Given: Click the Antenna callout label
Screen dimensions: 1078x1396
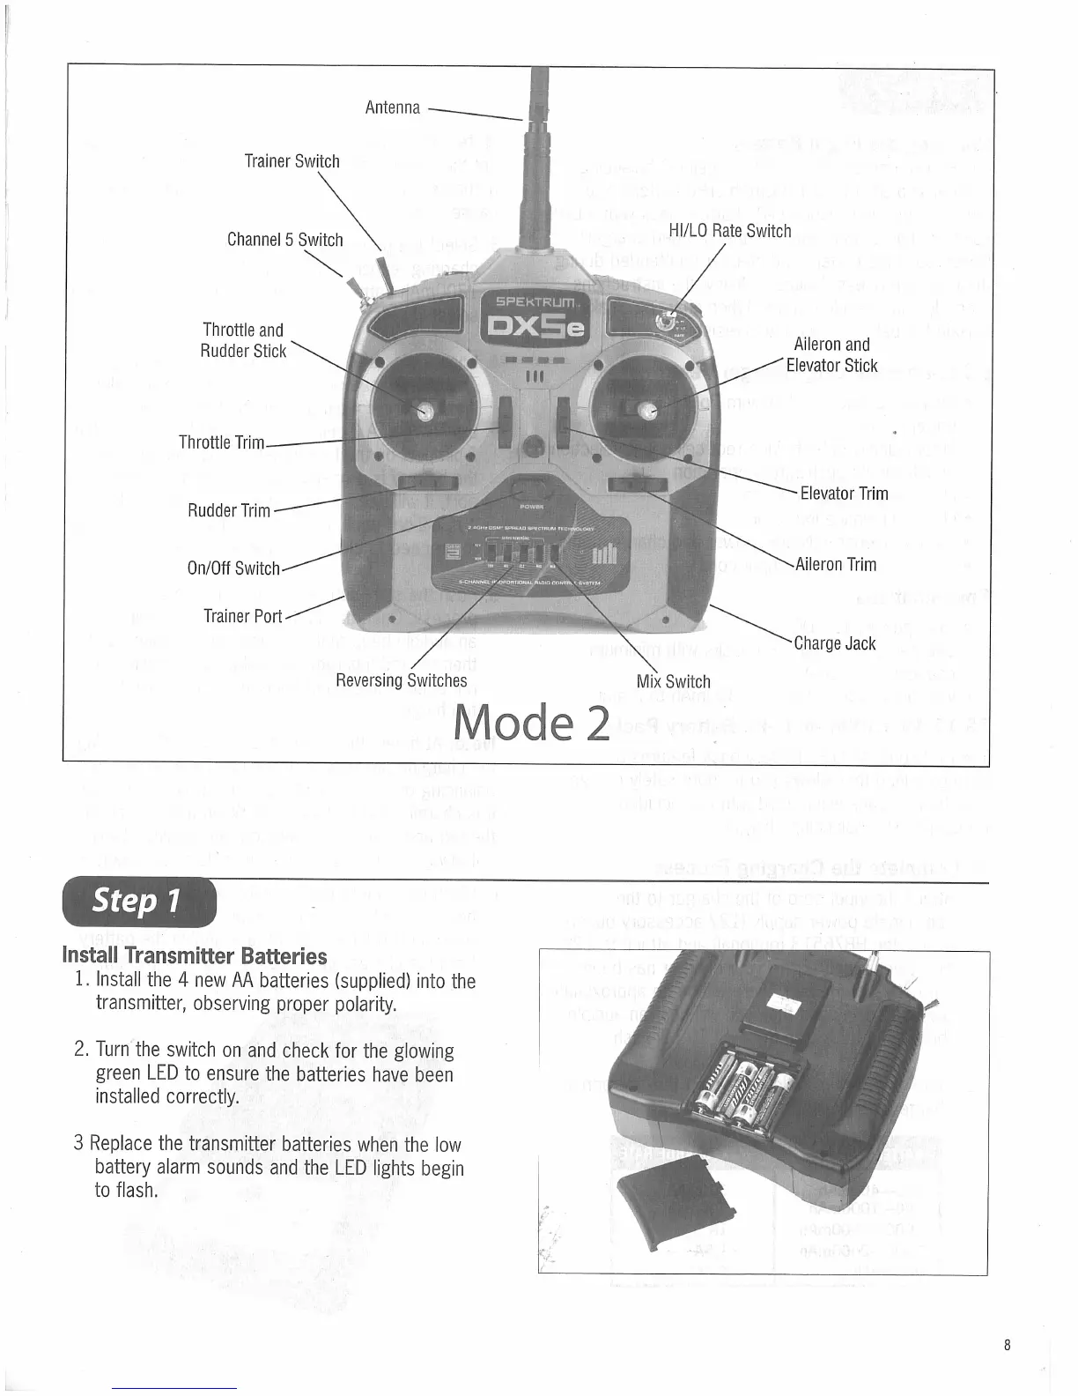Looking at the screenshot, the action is (x=392, y=108).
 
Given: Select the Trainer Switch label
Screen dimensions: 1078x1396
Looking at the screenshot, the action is (x=292, y=161).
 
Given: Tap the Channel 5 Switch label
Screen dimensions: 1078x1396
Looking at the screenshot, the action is (x=284, y=240).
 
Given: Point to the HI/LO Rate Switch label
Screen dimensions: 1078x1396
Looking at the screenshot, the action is (x=729, y=231).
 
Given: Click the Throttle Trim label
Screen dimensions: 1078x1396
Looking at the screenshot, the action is (x=221, y=442).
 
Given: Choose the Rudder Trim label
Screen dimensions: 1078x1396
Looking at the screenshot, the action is (x=229, y=511).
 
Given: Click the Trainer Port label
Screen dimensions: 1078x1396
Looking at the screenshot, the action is (x=242, y=615).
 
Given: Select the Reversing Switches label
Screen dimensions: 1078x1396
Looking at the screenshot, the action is (x=401, y=680).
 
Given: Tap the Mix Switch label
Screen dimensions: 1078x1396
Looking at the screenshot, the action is (x=673, y=681).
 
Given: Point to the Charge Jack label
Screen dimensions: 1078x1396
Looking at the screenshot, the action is (x=834, y=643).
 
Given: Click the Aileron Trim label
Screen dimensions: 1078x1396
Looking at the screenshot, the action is (x=836, y=564).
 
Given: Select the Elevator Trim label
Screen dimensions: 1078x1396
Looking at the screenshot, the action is (x=843, y=494).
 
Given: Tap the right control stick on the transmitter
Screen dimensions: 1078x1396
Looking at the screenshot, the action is (x=647, y=411).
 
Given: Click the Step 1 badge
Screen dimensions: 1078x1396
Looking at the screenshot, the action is (x=138, y=902).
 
